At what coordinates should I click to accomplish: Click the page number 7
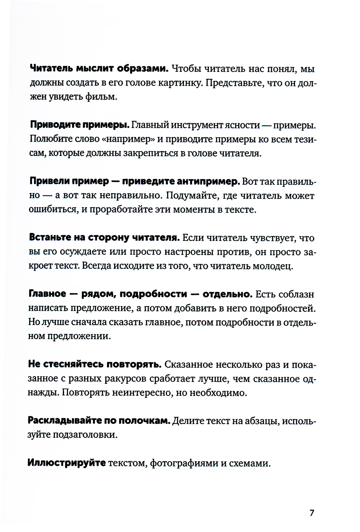pyautogui.click(x=312, y=513)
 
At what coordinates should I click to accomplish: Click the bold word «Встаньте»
pyautogui.click(x=50, y=238)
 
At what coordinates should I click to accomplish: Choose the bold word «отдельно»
pyautogui.click(x=227, y=294)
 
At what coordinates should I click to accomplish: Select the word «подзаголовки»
pyautogui.click(x=85, y=435)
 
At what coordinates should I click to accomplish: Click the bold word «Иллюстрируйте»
pyautogui.click(x=67, y=463)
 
